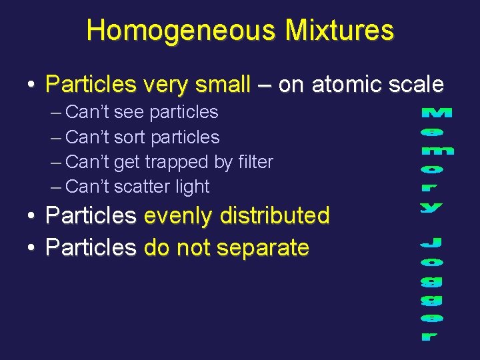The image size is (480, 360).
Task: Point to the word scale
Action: [x=417, y=85]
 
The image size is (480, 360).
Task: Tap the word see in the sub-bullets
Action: [x=129, y=112]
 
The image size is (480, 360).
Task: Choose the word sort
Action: [x=130, y=137]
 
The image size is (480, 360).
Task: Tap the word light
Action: [x=192, y=187]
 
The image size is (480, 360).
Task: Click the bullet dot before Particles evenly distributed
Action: [x=31, y=216]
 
